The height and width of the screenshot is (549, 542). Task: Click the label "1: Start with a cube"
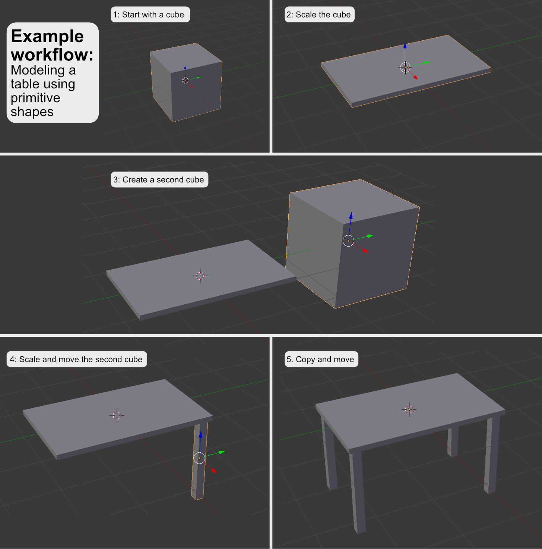point(150,15)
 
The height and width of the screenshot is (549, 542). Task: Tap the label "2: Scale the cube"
point(319,15)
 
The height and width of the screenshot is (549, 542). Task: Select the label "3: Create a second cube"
point(159,179)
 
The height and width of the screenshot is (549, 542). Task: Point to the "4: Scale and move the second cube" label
point(77,359)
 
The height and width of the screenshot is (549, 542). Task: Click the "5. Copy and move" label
point(321,359)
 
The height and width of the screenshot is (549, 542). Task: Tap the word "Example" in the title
point(47,36)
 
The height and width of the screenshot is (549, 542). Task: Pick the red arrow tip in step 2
point(416,78)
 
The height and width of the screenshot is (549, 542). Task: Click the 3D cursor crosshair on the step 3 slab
point(200,276)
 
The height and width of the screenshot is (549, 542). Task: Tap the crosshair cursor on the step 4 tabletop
point(117,415)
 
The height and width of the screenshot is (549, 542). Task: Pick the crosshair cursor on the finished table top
point(409,409)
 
